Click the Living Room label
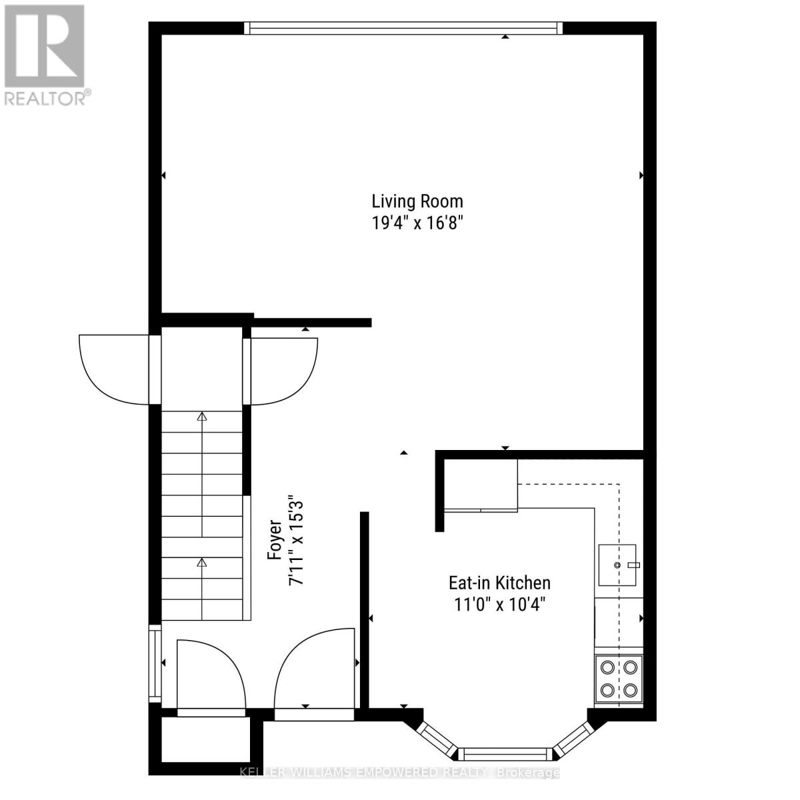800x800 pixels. click(x=417, y=201)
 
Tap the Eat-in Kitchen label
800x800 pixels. click(x=499, y=583)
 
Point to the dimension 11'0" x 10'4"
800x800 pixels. click(x=499, y=605)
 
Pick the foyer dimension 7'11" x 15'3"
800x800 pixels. click(x=293, y=540)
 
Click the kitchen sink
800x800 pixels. click(x=618, y=565)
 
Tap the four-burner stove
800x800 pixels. click(x=618, y=679)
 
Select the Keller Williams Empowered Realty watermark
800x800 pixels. click(x=399, y=773)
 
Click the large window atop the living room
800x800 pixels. click(x=403, y=28)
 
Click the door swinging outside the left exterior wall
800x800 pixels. click(x=113, y=369)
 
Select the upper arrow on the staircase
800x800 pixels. click(x=202, y=418)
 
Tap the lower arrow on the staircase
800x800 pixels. click(x=202, y=563)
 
